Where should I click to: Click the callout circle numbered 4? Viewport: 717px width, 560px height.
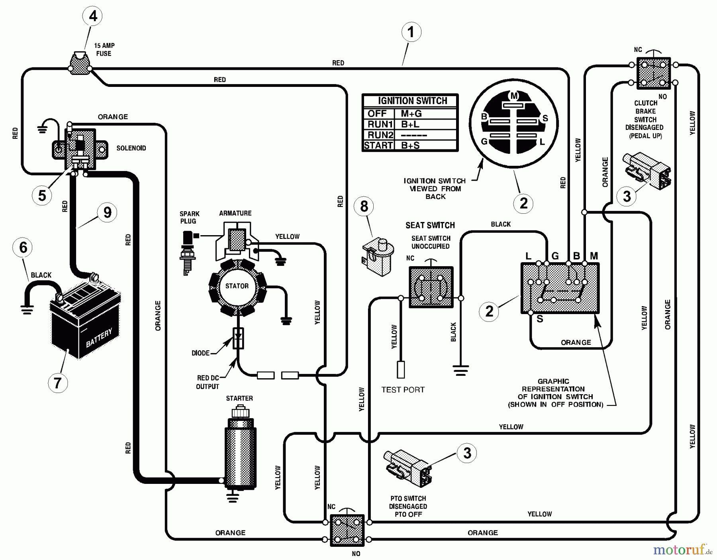pyautogui.click(x=93, y=16)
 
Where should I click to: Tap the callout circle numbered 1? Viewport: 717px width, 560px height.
pyautogui.click(x=411, y=32)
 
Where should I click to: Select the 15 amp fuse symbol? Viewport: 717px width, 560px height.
pyautogui.click(x=80, y=64)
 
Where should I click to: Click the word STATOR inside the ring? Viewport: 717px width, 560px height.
pyautogui.click(x=237, y=286)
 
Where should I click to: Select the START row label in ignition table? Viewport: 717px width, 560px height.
pyautogui.click(x=378, y=145)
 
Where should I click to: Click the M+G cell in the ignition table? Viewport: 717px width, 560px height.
pyautogui.click(x=411, y=114)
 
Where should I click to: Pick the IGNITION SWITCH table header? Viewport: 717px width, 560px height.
pyautogui.click(x=412, y=101)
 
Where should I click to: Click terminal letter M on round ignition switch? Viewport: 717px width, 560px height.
pyautogui.click(x=514, y=96)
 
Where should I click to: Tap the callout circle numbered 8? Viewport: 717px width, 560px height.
pyautogui.click(x=364, y=206)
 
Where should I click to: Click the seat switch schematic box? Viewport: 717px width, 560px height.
pyautogui.click(x=431, y=287)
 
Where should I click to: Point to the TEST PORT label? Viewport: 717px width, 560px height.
pyautogui.click(x=403, y=390)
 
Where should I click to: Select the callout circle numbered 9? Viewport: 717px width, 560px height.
pyautogui.click(x=107, y=212)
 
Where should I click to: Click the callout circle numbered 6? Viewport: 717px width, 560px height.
pyautogui.click(x=23, y=248)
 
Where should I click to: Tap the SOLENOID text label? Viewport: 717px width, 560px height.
pyautogui.click(x=131, y=148)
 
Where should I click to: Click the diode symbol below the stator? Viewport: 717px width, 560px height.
pyautogui.click(x=238, y=338)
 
